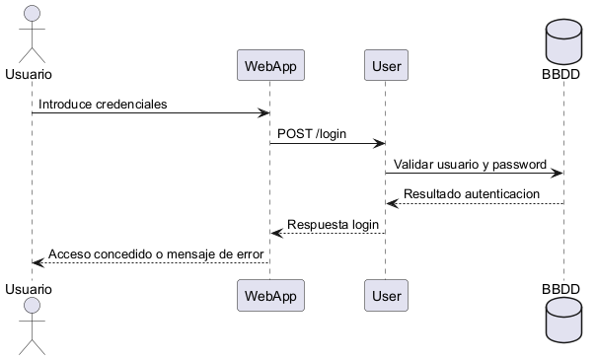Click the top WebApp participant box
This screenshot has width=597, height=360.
tap(270, 66)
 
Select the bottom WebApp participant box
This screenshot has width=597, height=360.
tap(270, 296)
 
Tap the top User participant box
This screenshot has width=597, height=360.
tap(385, 66)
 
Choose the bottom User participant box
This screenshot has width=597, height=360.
tap(385, 296)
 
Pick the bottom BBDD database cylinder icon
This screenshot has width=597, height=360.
tap(563, 324)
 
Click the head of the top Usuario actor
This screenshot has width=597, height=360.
tap(32, 12)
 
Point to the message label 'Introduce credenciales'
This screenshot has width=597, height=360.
tap(103, 104)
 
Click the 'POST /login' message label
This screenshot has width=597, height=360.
tap(311, 134)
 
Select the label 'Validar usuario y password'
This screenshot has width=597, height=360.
tap(470, 164)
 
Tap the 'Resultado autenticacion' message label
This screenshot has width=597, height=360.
tap(472, 194)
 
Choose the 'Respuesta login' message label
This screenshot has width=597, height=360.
tap(334, 225)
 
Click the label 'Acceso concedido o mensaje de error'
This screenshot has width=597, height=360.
tap(156, 254)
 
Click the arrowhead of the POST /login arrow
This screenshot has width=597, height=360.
tap(379, 144)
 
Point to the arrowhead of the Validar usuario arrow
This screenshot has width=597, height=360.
tap(558, 174)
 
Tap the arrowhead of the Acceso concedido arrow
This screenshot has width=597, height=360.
tap(38, 263)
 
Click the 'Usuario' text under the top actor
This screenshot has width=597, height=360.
tap(29, 74)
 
